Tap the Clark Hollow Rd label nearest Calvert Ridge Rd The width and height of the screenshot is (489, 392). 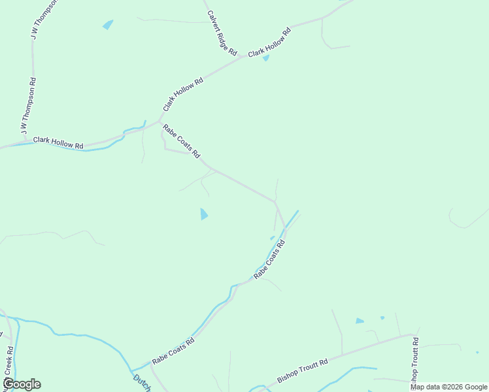click(269, 42)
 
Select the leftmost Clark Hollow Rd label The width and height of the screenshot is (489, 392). click(58, 142)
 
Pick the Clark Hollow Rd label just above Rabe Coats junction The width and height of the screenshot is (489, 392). click(184, 94)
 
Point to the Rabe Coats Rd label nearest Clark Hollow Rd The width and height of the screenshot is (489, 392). click(181, 141)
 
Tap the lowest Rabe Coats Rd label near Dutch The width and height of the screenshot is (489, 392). click(173, 351)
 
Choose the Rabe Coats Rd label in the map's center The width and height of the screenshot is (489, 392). click(269, 260)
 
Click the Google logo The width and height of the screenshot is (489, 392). click(22, 384)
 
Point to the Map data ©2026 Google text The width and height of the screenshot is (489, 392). click(448, 387)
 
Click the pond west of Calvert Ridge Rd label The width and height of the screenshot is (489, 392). click(108, 25)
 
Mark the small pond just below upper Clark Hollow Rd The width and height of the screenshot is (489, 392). click(265, 58)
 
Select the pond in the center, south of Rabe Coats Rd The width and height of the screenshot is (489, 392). click(204, 214)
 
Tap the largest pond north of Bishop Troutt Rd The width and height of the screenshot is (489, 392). click(359, 321)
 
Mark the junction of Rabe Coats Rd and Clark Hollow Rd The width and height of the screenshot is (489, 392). click(160, 121)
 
